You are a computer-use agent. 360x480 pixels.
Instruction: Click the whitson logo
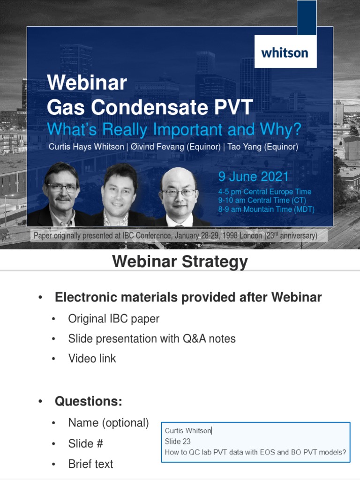[x=285, y=52]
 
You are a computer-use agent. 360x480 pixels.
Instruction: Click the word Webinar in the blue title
[x=87, y=83]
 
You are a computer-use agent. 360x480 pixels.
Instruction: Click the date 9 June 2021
[x=253, y=177]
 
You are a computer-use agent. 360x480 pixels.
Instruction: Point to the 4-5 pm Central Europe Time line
[x=264, y=192]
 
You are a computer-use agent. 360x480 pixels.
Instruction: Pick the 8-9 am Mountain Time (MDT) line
[x=266, y=209]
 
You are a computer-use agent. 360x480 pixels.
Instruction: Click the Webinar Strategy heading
[x=180, y=262]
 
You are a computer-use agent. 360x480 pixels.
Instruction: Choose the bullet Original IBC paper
[x=113, y=319]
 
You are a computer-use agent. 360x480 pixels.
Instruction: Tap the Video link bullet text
[x=92, y=359]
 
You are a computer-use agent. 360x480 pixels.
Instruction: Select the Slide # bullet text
[x=85, y=443]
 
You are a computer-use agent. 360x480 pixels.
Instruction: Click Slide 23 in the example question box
[x=177, y=441]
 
